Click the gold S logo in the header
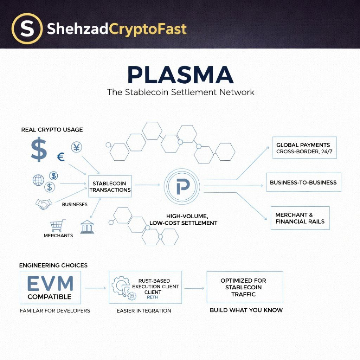[27, 29]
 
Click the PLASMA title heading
[180, 74]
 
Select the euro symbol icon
[61, 157]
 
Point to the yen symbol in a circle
[76, 147]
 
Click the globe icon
[38, 180]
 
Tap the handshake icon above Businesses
[44, 204]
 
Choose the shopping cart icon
[58, 225]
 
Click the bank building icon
[87, 227]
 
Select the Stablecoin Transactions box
[110, 187]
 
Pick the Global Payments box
[304, 148]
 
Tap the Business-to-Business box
[303, 182]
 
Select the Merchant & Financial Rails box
[300, 218]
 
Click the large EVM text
[51, 283]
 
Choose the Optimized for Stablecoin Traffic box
[244, 287]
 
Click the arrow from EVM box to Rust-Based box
[95, 288]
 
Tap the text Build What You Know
[246, 310]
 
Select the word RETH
[153, 297]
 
